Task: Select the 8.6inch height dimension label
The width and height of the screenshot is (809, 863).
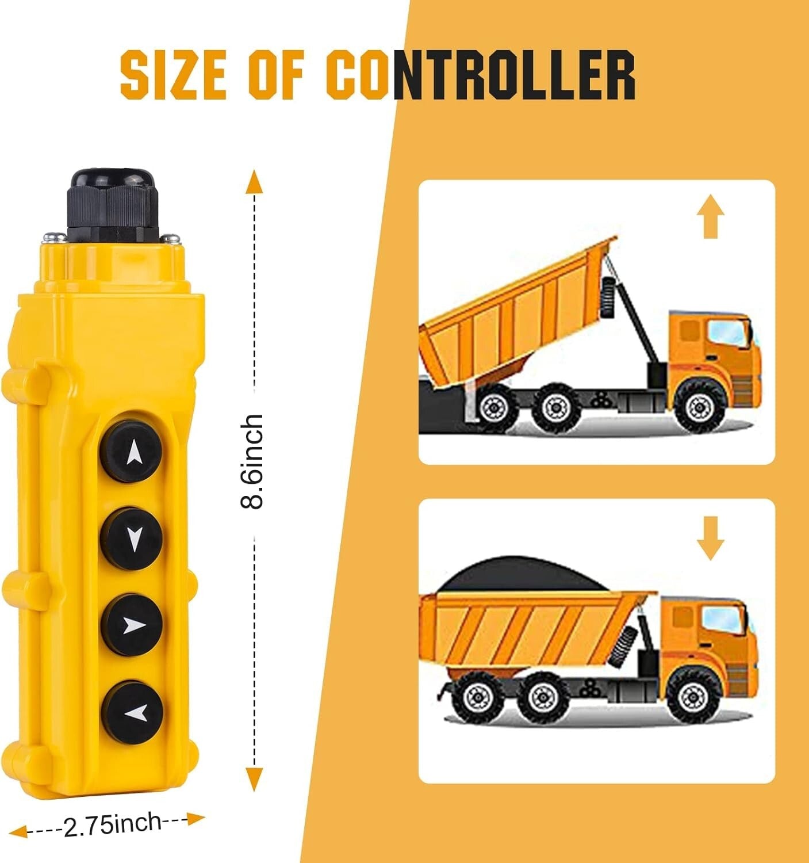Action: (252, 461)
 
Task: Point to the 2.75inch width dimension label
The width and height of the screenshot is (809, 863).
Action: (113, 824)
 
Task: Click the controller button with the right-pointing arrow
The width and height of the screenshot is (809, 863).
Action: (132, 625)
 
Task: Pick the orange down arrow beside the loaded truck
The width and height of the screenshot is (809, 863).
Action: (710, 538)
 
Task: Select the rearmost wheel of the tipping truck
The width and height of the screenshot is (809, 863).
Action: (492, 407)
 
